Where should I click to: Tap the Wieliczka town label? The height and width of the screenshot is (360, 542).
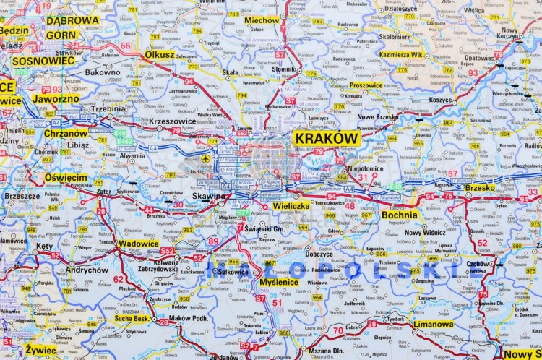coord(292,206)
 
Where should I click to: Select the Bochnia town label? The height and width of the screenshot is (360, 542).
coord(400,215)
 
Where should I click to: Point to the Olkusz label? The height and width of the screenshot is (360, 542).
coord(160,54)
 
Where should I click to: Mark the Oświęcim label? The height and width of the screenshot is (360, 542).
coord(66,177)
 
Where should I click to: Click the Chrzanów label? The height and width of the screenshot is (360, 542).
coord(66,134)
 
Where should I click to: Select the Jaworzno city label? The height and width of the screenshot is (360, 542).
coord(56,98)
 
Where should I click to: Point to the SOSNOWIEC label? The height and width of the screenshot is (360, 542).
coord(44,61)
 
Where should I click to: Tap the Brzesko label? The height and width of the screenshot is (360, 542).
coord(481,187)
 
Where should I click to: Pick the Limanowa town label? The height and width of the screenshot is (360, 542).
coord(434,325)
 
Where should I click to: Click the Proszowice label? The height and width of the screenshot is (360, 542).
coord(366,85)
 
